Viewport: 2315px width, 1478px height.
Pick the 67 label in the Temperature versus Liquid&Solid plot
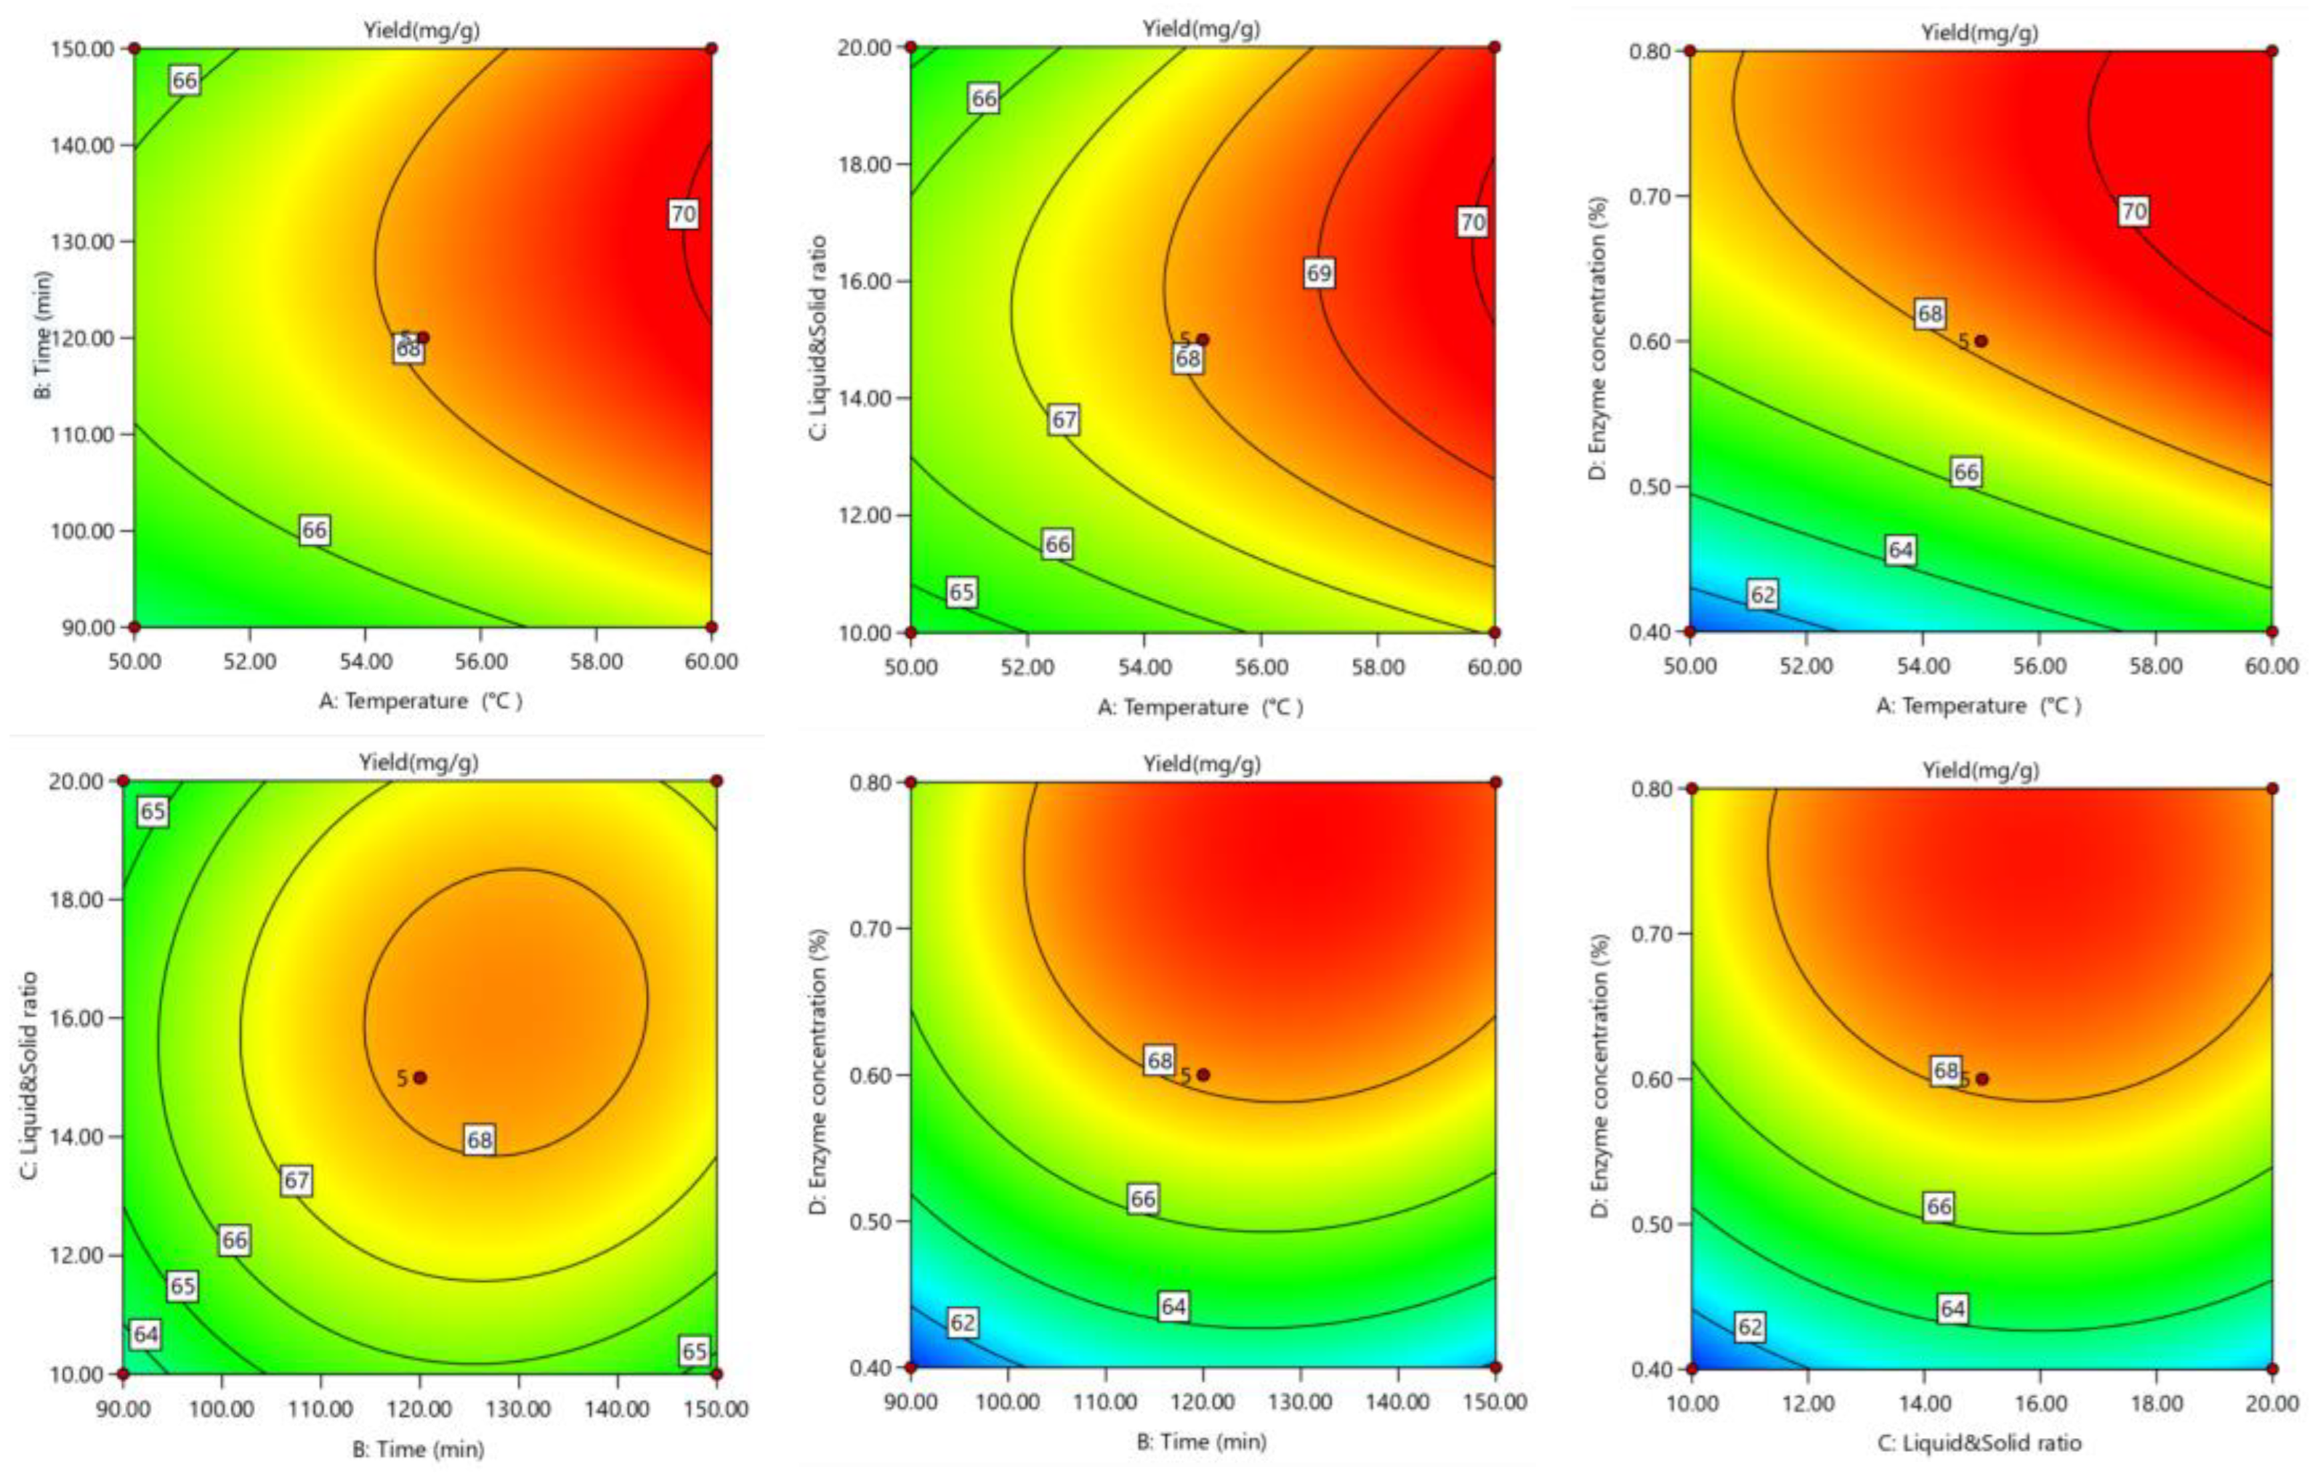click(x=1063, y=420)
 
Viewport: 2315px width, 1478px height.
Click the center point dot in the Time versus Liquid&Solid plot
click(x=420, y=1078)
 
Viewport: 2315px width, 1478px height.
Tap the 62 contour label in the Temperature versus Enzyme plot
click(x=1763, y=595)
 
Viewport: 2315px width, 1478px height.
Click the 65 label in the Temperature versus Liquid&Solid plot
click(x=961, y=592)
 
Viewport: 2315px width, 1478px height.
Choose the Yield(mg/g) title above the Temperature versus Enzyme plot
click(x=1979, y=33)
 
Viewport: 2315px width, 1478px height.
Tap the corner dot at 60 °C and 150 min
click(x=711, y=48)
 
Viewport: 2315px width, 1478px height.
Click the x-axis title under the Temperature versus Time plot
click(x=421, y=700)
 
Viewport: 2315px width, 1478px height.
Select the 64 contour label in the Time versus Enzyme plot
click(x=1173, y=1306)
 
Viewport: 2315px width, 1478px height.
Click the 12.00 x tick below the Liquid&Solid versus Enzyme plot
click(x=1808, y=1403)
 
